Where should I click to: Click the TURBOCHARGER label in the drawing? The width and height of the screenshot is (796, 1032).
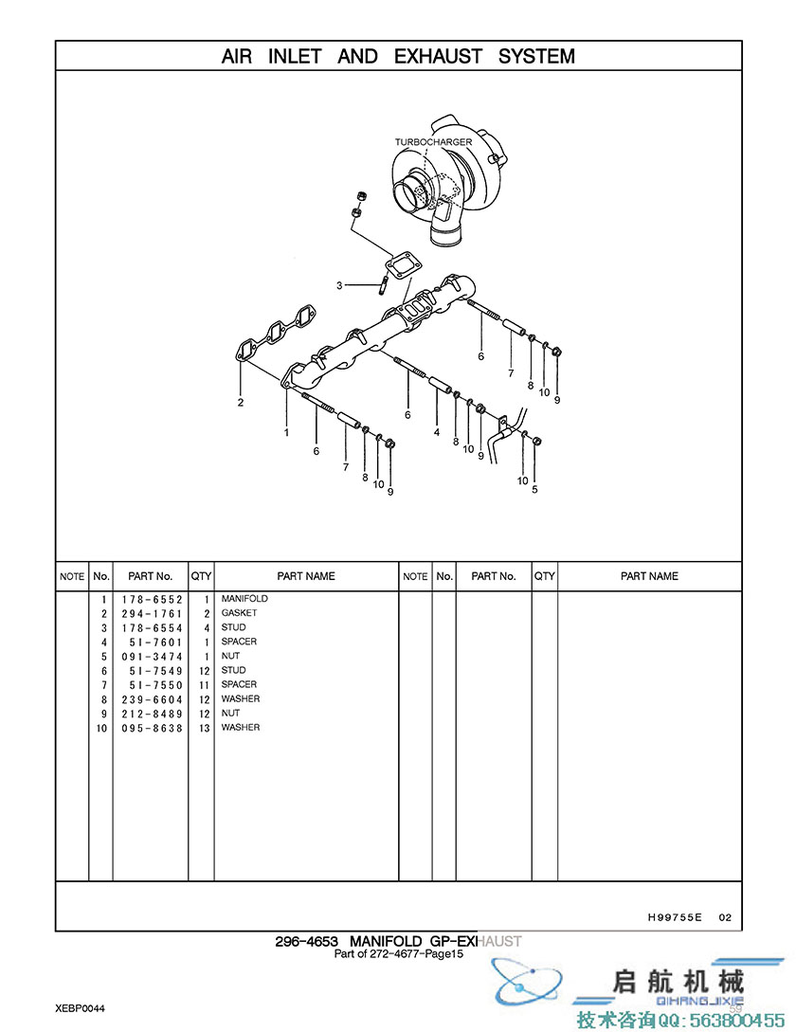coord(433,142)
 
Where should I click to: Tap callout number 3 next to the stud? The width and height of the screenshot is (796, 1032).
coord(339,285)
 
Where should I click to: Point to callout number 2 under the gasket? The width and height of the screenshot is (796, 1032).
coord(241,402)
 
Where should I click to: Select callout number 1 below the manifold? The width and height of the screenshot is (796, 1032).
coord(286,432)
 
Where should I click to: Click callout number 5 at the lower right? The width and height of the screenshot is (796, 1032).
coord(534,489)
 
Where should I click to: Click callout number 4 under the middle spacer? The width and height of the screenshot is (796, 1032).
coord(437,432)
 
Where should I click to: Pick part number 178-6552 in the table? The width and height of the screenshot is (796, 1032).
coord(152,600)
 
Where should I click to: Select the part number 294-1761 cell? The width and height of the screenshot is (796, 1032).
coord(152,614)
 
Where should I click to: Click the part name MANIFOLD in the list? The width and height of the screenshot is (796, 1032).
coord(244,598)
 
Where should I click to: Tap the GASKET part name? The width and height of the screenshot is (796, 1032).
coord(239,613)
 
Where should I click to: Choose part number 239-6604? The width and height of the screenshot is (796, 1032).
coord(152,699)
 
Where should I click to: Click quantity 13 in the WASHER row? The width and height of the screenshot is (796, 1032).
coord(205,728)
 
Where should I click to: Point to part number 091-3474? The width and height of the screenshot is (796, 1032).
coord(152,657)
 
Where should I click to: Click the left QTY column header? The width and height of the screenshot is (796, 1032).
coord(202,576)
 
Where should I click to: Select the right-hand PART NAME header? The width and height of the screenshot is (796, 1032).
coord(649,576)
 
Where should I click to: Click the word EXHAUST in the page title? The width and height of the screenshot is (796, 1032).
coord(439,57)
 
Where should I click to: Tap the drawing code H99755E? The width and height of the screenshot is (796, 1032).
coord(675,916)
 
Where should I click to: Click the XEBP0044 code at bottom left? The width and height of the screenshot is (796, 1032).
coord(80,1008)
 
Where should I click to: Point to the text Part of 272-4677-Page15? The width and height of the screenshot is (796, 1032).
coord(399,953)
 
